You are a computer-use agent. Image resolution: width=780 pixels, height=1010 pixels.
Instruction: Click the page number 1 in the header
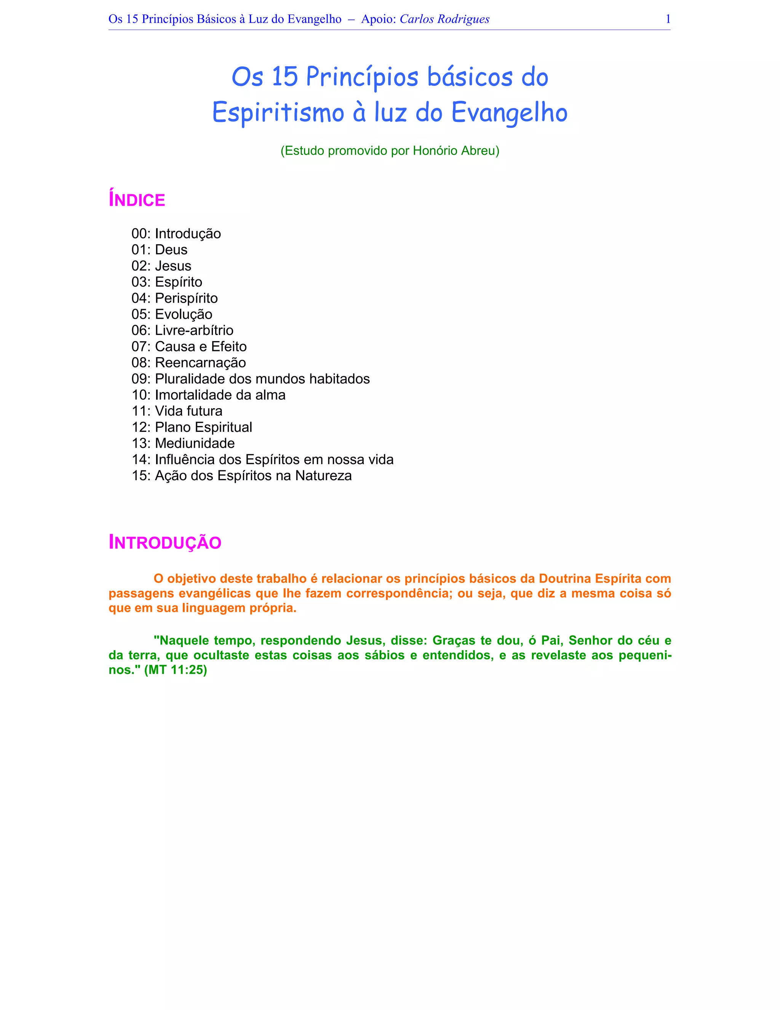point(668,19)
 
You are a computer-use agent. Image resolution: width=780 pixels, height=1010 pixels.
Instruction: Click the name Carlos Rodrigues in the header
point(444,19)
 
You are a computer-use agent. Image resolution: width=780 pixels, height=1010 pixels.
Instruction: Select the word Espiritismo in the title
point(278,112)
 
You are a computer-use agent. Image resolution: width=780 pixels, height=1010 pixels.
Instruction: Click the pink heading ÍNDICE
point(137,200)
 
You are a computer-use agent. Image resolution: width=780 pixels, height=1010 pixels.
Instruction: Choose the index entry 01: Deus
point(160,250)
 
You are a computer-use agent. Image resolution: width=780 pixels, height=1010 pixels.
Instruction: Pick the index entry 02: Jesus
point(161,266)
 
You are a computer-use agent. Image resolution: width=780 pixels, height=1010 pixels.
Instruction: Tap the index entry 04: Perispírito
point(175,298)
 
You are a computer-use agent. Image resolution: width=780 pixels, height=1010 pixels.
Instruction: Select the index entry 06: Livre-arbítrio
point(182,330)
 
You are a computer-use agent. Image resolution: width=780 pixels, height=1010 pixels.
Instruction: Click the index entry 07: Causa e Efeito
point(189,346)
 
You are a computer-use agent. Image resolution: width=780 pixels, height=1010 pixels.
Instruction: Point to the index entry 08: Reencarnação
point(189,362)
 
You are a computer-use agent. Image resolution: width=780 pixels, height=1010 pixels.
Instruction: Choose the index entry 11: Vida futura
point(177,411)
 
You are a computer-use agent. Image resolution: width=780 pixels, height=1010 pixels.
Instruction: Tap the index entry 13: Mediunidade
point(183,443)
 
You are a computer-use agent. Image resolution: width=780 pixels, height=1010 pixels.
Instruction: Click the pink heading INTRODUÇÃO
point(165,542)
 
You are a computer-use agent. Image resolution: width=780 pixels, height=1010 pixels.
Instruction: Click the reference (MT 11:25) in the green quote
point(176,670)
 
